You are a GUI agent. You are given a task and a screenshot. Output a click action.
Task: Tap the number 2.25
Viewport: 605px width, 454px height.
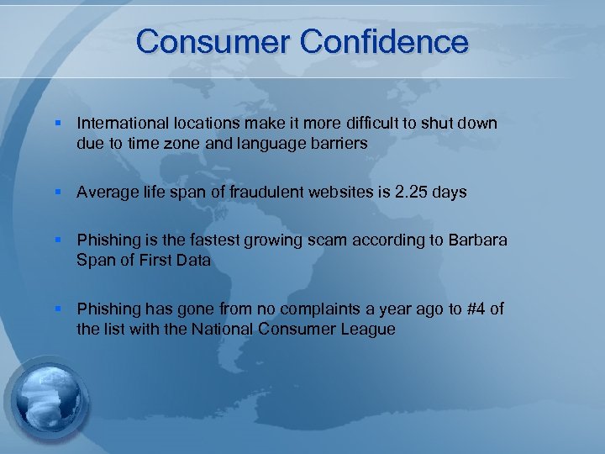(x=412, y=193)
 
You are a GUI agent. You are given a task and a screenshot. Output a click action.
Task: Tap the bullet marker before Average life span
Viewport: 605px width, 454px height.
(x=58, y=193)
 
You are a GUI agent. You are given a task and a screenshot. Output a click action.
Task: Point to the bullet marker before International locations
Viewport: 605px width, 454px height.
(x=58, y=124)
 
